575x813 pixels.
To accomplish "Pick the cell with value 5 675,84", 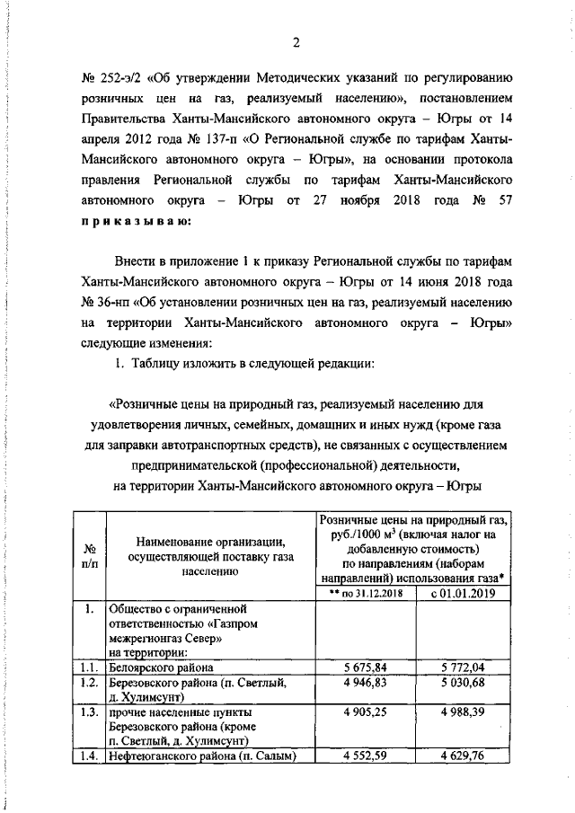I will [x=367, y=668].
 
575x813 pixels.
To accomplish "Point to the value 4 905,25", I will [x=367, y=712].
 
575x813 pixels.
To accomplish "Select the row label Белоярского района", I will [x=161, y=668].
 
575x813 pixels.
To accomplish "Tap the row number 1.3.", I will [x=90, y=712].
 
